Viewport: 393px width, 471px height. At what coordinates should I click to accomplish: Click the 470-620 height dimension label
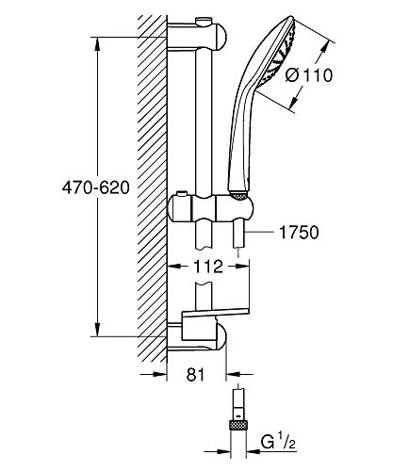[96, 188]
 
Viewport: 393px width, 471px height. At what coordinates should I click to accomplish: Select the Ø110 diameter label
[309, 75]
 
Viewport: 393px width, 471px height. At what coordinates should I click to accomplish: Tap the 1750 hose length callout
[299, 233]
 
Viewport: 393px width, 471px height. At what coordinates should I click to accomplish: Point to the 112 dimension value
[207, 267]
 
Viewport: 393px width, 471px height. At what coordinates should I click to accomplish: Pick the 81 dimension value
[195, 375]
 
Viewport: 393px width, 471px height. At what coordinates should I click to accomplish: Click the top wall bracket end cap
[221, 37]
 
